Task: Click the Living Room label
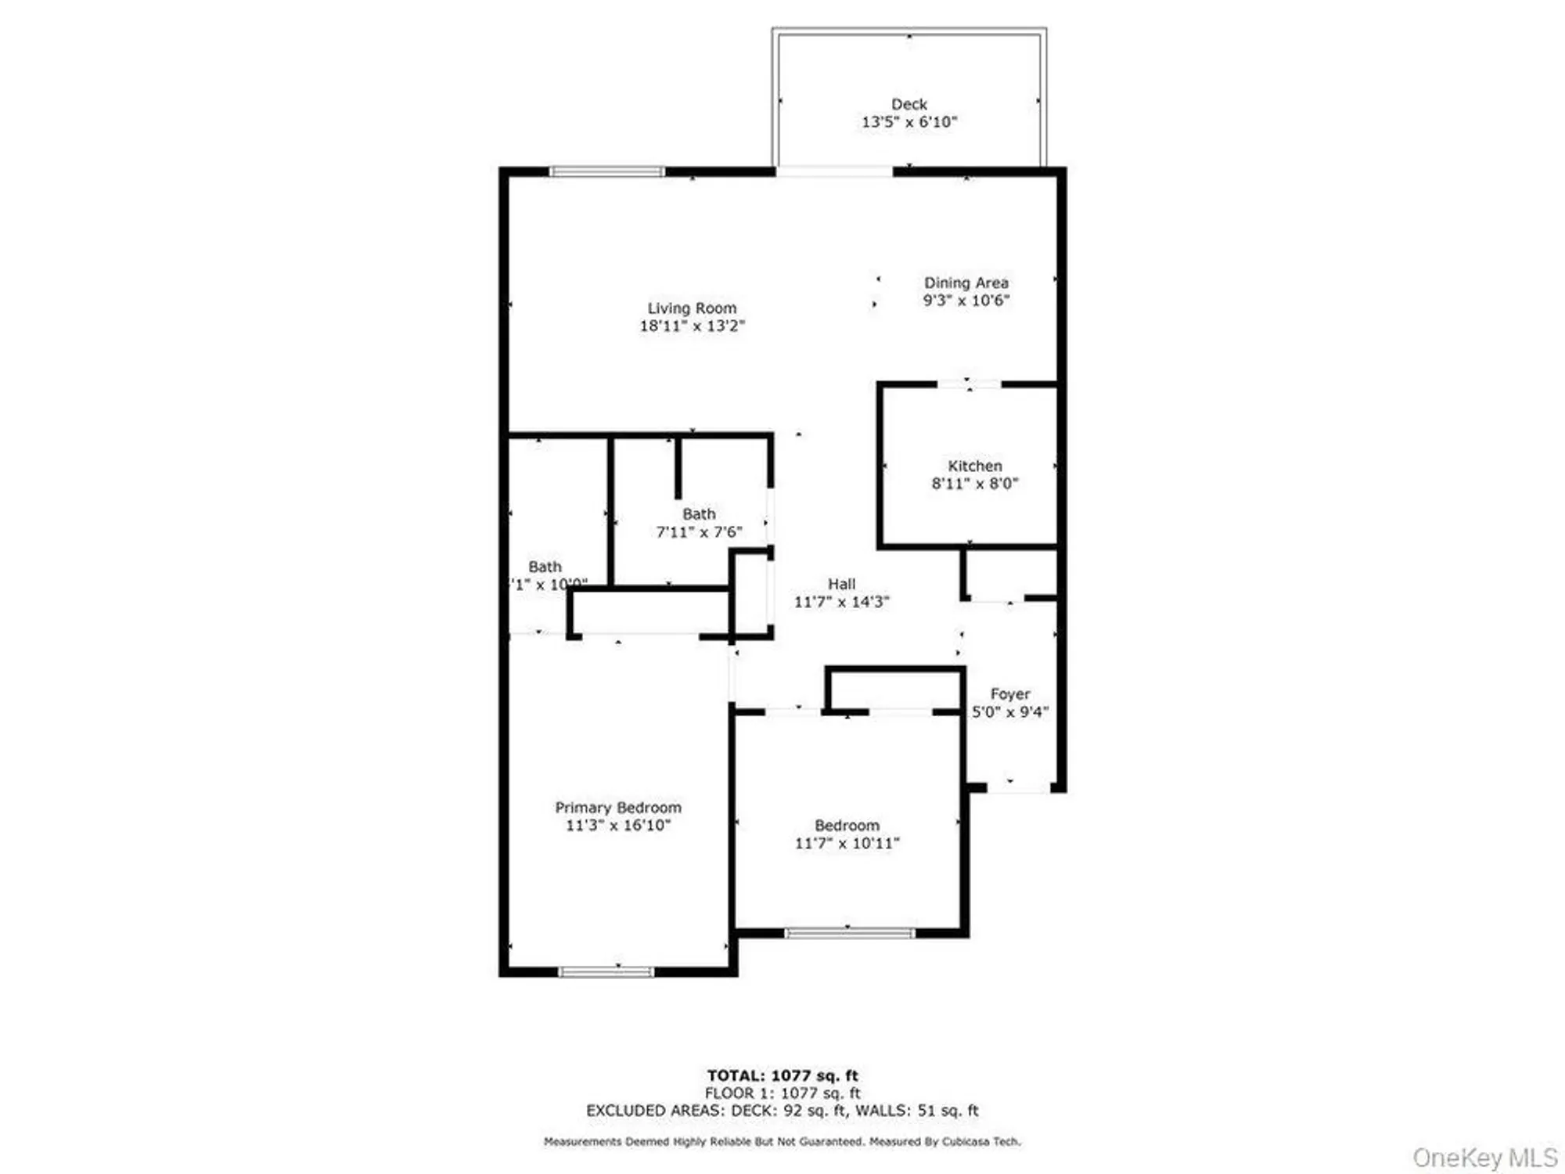tap(692, 308)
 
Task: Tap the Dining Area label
tap(966, 283)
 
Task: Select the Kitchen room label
tap(974, 466)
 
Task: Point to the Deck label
tap(909, 104)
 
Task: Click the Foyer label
tap(1009, 694)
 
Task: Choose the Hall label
tap(841, 584)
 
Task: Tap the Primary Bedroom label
tap(618, 807)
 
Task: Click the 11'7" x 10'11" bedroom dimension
tap(847, 843)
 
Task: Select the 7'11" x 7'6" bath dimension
tap(699, 532)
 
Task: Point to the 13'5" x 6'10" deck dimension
tap(909, 122)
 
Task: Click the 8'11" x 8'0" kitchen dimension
tap(974, 484)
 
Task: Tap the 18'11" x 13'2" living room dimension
tap(692, 326)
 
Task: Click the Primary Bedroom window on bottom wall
tap(606, 972)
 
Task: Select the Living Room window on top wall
tap(606, 171)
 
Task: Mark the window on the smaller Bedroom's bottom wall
tap(849, 933)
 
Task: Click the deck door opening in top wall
tap(834, 171)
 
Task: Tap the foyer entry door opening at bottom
tap(1018, 787)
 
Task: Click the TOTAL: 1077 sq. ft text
tap(782, 1075)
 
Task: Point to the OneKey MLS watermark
tap(1484, 1157)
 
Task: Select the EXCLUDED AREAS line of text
tap(782, 1111)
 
